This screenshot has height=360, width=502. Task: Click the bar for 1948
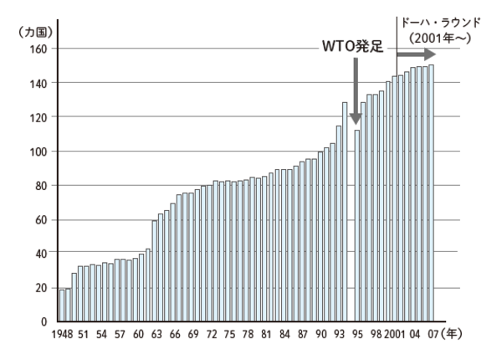pyautogui.click(x=61, y=305)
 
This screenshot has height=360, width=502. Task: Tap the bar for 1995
pyautogui.click(x=356, y=225)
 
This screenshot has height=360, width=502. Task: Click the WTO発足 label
pyautogui.click(x=352, y=48)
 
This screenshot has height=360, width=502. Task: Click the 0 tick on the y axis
pyautogui.click(x=41, y=321)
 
